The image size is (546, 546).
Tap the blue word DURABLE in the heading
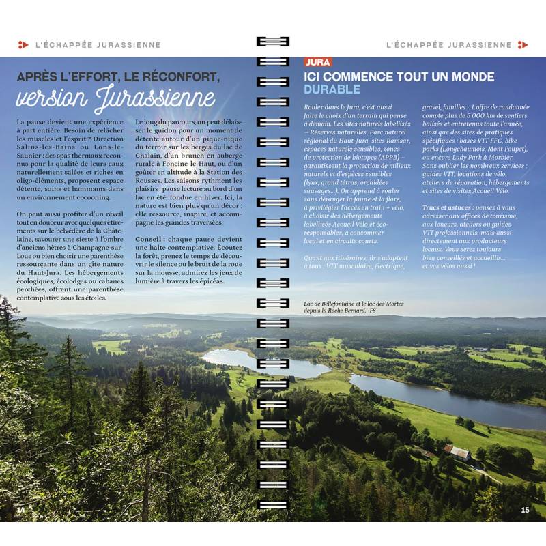pos(332,89)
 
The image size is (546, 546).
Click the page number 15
pos(525,509)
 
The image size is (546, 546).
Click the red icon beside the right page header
pos(523,45)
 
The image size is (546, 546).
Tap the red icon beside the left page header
pos(23,45)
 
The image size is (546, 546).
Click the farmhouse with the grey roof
pos(457,452)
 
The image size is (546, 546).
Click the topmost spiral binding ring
pos(272,41)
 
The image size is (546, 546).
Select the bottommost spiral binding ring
pos(272,506)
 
